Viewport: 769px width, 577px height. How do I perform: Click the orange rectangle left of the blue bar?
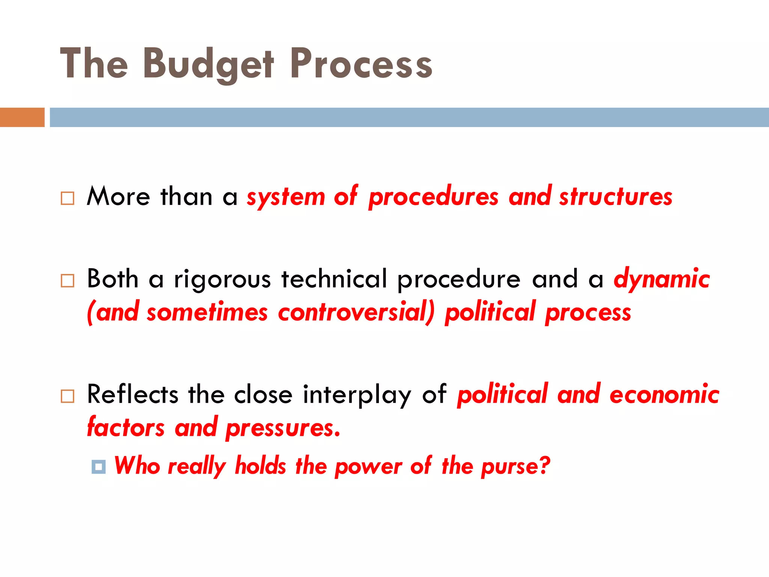tap(22, 117)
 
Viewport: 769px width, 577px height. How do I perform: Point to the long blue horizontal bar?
tap(409, 117)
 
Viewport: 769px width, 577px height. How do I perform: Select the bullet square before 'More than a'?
tap(68, 198)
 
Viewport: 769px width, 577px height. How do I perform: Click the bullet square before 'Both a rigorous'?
tap(68, 281)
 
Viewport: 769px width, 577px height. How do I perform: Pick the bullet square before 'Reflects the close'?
tap(68, 396)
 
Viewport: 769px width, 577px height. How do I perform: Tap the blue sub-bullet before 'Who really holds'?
tap(98, 467)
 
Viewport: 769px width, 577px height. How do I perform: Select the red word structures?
tap(616, 197)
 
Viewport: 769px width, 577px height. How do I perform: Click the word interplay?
tap(357, 395)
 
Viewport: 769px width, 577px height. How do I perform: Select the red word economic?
tap(664, 394)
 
